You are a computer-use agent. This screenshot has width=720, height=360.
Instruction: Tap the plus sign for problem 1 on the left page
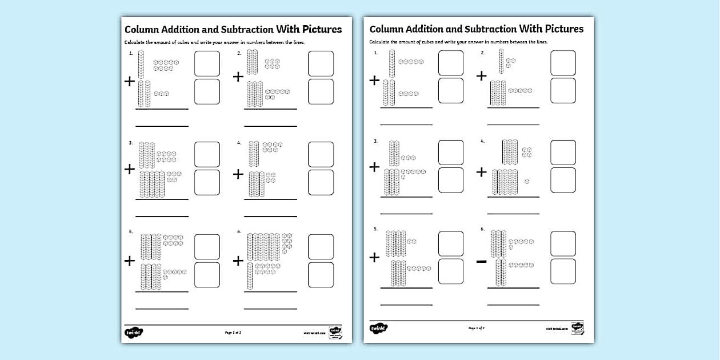[x=130, y=82]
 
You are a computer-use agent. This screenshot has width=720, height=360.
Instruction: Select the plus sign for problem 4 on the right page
[x=482, y=172]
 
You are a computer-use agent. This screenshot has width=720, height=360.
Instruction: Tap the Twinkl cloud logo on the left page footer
[x=134, y=332]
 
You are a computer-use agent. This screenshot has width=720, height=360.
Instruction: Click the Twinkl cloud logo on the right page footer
[x=378, y=329]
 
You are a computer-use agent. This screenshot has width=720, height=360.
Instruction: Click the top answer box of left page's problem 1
[x=207, y=63]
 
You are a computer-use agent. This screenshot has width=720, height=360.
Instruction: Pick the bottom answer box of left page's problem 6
[x=321, y=275]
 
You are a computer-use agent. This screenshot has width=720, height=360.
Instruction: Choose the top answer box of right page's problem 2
[x=563, y=63]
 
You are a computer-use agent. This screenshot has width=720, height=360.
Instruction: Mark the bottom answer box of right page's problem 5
[x=451, y=271]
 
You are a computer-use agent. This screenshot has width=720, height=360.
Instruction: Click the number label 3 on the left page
[x=130, y=143]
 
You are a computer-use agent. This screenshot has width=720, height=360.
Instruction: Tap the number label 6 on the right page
[x=482, y=229]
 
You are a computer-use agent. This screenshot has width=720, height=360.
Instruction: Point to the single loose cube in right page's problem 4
[x=527, y=181]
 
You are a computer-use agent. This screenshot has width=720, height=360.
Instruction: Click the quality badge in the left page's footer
[x=335, y=332]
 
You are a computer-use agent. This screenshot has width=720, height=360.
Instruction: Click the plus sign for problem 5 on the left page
[x=130, y=261]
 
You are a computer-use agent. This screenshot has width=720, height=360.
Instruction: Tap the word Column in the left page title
[x=143, y=29]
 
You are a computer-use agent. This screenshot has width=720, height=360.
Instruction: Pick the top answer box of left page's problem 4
[x=321, y=154]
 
